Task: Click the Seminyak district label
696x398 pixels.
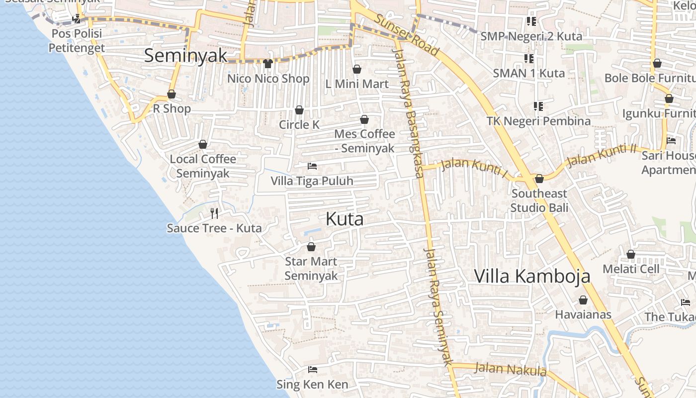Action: pyautogui.click(x=185, y=56)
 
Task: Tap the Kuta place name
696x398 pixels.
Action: pyautogui.click(x=345, y=219)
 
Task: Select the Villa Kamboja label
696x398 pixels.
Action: pyautogui.click(x=532, y=276)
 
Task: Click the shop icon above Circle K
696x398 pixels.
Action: pyautogui.click(x=299, y=110)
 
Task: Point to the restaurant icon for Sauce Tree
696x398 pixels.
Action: pyautogui.click(x=214, y=213)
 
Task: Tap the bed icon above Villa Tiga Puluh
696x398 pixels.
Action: pyautogui.click(x=312, y=166)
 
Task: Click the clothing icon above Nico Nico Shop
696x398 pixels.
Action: pyautogui.click(x=268, y=64)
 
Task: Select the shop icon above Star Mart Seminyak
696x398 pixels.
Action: pyautogui.click(x=311, y=247)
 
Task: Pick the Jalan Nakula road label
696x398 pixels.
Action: pyautogui.click(x=511, y=370)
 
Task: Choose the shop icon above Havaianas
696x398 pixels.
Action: pyautogui.click(x=583, y=300)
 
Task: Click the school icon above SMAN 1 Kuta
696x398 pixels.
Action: pyautogui.click(x=529, y=59)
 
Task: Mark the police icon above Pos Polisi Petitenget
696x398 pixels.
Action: pyautogui.click(x=77, y=19)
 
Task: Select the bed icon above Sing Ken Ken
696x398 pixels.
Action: pyautogui.click(x=313, y=370)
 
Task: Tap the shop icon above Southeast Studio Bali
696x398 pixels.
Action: pyautogui.click(x=539, y=179)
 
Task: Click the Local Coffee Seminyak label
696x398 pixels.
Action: pyautogui.click(x=203, y=166)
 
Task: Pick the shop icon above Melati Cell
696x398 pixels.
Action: pyautogui.click(x=631, y=255)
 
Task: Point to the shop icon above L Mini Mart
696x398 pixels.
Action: pyautogui.click(x=357, y=69)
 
